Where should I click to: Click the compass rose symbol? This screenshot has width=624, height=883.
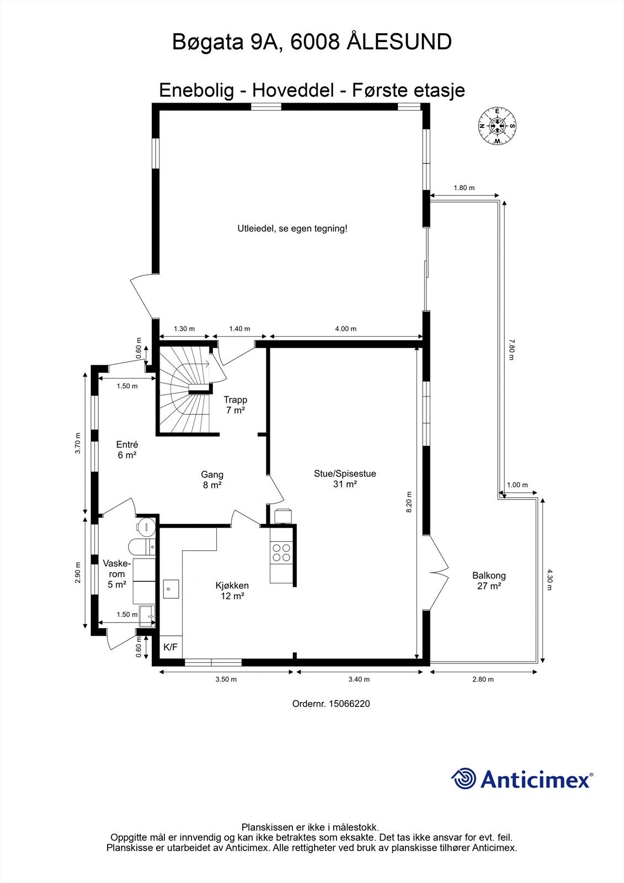tap(497, 126)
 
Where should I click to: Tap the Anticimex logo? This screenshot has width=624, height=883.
tap(522, 778)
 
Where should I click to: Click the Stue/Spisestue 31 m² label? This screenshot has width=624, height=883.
tap(345, 478)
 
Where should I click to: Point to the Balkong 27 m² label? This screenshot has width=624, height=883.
tap(489, 581)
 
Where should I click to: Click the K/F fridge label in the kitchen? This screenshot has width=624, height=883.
tap(170, 647)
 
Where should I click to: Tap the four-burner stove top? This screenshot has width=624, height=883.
tap(281, 552)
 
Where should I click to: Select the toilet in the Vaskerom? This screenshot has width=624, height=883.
tap(142, 546)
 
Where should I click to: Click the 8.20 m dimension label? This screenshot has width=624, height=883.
tap(409, 502)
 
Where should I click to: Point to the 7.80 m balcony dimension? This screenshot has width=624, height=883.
tap(511, 350)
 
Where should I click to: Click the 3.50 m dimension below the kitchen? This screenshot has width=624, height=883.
tap(226, 679)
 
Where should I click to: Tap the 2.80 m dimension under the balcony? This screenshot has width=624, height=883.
tap(483, 679)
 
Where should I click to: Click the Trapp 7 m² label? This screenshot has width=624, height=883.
tap(236, 405)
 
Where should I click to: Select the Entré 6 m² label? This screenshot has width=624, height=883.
tap(127, 450)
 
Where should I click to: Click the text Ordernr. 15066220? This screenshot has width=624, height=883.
tap(331, 704)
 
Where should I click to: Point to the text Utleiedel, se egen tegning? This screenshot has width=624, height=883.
tap(292, 228)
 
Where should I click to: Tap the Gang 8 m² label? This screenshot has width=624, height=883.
tap(212, 480)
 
